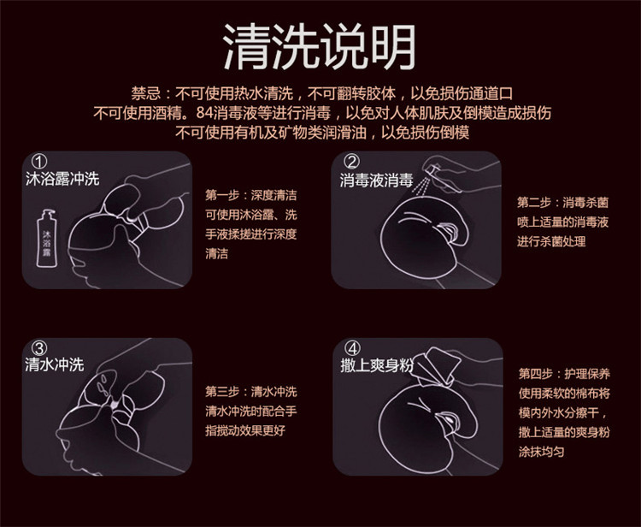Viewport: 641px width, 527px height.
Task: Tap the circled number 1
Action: tap(38, 162)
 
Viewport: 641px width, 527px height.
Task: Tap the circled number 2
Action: tap(352, 162)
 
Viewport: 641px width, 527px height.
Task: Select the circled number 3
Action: tap(38, 348)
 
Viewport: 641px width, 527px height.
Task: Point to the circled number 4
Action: tap(352, 348)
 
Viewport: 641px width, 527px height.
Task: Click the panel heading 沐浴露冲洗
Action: tap(62, 180)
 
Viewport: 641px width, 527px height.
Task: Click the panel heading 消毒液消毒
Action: tap(376, 181)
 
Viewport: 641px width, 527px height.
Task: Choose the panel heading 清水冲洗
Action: tap(54, 365)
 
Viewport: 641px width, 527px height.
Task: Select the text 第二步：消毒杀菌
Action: tap(563, 203)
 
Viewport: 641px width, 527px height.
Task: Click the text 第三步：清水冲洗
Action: tap(250, 392)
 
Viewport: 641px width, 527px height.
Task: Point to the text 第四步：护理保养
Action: tap(563, 374)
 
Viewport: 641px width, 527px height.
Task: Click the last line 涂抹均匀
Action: tap(541, 451)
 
